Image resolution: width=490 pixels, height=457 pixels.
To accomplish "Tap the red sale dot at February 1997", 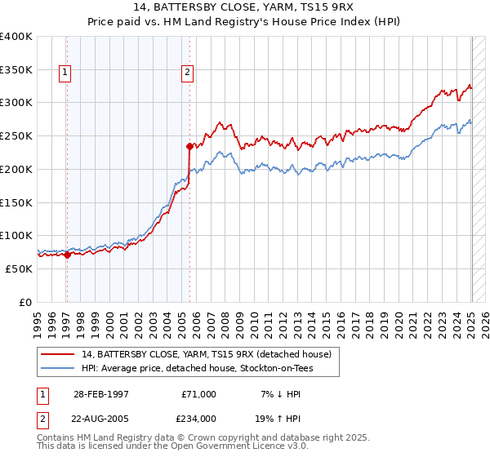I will [x=67, y=255].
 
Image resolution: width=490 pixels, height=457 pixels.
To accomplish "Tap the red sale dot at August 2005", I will [x=189, y=147].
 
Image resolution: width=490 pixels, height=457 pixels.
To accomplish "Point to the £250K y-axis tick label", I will [x=16, y=136].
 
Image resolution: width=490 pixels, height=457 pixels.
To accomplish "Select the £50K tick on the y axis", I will [x=20, y=268].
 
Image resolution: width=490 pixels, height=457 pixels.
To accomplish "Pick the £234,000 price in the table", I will [x=198, y=419].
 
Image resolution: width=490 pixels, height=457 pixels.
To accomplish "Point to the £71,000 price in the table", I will [x=198, y=393].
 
